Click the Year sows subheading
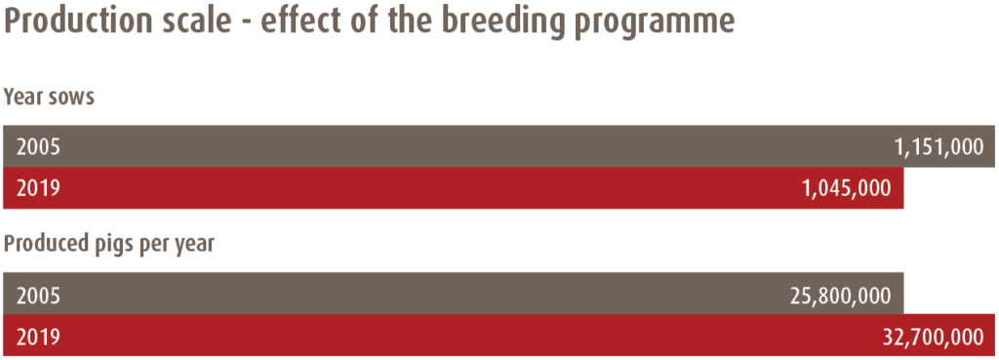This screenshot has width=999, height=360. coord(49,99)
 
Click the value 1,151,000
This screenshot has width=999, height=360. coord(939,147)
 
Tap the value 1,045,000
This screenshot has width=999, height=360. coord(847,188)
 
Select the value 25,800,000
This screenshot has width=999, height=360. coord(840,295)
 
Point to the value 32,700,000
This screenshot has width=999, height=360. coord(934,337)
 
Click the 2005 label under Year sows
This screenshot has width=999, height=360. coord(38,147)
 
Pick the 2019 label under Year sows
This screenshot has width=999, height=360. coord(38,188)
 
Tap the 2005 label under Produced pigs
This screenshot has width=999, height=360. coord(38,295)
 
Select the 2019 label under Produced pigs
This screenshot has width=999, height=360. coord(38,337)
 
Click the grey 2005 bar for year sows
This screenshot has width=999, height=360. coord(499,146)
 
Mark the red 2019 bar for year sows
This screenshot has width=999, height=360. coord(454,188)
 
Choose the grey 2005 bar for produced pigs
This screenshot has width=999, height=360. coord(454,294)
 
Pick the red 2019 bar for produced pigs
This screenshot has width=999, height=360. coord(499,336)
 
